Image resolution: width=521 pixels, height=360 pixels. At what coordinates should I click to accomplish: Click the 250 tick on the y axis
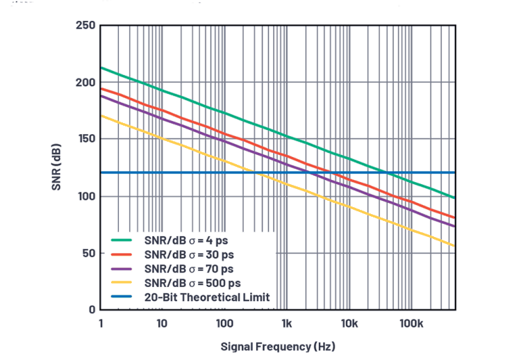pyautogui.click(x=85, y=26)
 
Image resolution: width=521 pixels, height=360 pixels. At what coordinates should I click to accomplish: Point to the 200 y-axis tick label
pyautogui.click(x=85, y=82)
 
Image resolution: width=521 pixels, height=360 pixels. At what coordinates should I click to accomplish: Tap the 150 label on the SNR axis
pyautogui.click(x=85, y=139)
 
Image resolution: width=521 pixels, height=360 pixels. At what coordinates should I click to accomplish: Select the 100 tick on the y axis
pyautogui.click(x=85, y=196)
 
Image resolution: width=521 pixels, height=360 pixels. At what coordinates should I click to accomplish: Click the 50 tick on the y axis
pyautogui.click(x=88, y=253)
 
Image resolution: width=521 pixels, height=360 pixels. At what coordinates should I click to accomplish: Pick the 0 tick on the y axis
pyautogui.click(x=91, y=309)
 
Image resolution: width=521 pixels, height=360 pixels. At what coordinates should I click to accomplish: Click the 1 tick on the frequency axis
pyautogui.click(x=101, y=323)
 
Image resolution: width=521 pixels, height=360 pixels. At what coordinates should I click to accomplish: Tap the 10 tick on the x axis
pyautogui.click(x=162, y=323)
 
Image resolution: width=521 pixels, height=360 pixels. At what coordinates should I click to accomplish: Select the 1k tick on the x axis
pyautogui.click(x=286, y=323)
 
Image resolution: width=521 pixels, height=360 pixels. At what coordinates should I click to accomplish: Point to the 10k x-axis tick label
pyautogui.click(x=349, y=323)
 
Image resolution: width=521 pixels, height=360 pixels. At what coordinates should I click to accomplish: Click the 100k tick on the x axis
pyautogui.click(x=411, y=323)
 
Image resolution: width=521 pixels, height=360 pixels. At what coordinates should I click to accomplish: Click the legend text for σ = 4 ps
pyautogui.click(x=188, y=240)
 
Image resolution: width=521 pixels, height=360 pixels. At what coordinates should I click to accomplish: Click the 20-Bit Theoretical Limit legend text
pyautogui.click(x=207, y=297)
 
